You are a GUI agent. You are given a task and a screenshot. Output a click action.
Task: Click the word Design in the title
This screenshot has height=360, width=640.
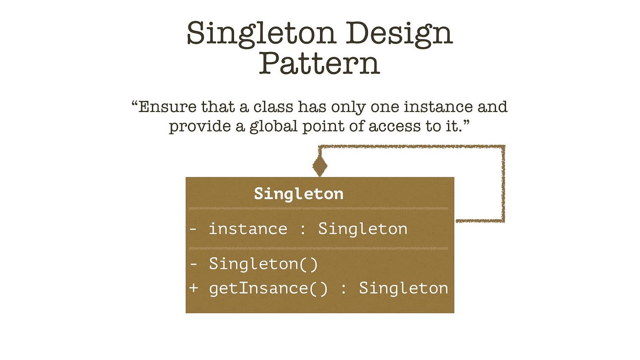tap(399, 34)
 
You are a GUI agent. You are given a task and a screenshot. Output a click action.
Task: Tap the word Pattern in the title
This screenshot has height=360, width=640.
tap(320, 64)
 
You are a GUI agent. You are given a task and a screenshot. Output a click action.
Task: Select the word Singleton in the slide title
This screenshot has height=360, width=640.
tap(261, 34)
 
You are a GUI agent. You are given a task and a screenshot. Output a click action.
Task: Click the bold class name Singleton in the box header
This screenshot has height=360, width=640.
tap(299, 194)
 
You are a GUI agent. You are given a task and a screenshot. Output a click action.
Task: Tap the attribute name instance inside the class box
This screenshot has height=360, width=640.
tap(248, 228)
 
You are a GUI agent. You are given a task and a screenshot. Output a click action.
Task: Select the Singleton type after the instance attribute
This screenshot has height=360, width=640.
tap(363, 228)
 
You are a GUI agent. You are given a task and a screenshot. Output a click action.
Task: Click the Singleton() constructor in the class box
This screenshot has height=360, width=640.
tap(263, 264)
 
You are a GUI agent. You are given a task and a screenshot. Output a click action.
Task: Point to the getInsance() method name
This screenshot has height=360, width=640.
tap(268, 288)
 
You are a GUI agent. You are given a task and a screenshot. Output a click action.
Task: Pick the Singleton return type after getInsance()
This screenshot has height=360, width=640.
tap(403, 288)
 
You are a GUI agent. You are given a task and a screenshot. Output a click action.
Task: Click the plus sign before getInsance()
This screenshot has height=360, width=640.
tap(193, 288)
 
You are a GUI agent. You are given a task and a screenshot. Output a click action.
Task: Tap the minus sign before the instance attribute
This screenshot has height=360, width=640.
tap(193, 228)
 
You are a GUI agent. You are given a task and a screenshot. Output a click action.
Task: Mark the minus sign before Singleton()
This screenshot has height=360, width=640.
tap(193, 264)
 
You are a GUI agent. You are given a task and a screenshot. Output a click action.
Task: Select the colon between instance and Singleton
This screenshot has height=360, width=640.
tap(302, 229)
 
